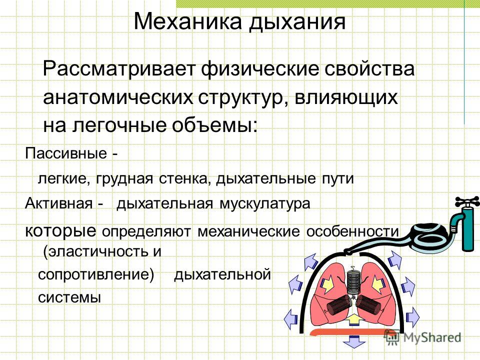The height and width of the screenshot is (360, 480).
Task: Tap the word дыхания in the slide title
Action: click(x=297, y=22)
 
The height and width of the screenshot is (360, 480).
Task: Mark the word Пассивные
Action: click(x=66, y=153)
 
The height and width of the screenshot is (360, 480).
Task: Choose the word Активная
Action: click(x=59, y=202)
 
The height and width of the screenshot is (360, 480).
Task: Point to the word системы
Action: click(x=69, y=297)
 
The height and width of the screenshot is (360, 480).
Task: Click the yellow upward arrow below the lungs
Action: click(x=353, y=319)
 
